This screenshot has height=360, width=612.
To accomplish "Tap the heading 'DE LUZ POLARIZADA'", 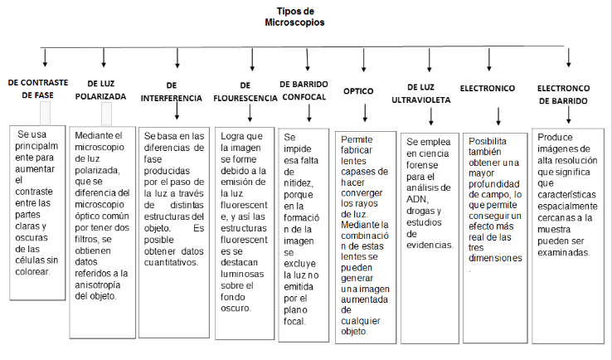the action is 106,90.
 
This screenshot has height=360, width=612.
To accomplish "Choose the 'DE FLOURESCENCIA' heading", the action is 245,90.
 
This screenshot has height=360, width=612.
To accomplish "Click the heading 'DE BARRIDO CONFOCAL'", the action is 304,90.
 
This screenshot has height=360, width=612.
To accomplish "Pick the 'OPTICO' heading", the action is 358,90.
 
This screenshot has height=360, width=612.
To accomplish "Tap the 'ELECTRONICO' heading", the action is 488,88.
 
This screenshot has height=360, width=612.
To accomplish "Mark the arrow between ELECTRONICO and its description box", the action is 498,114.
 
